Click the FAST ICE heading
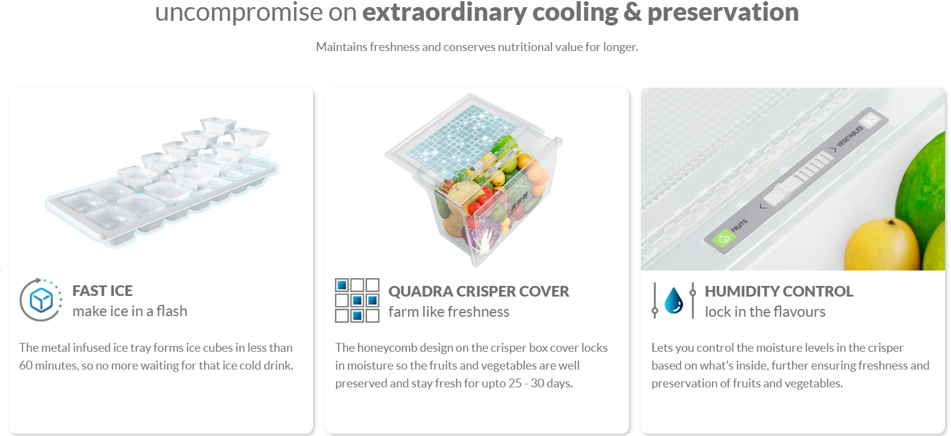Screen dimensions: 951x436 103,291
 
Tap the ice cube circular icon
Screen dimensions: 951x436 41,300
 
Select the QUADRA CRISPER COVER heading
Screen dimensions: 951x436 478,291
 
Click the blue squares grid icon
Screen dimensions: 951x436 357,300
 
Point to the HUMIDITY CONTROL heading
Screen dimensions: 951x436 778,291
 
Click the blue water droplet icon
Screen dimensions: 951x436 674,300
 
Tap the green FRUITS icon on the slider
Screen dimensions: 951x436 723,239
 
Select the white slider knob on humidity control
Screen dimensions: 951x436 780,193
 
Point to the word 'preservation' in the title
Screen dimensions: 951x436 723,12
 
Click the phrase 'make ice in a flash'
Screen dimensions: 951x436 130,311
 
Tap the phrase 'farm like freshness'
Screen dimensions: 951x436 449,311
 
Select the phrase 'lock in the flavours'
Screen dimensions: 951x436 765,311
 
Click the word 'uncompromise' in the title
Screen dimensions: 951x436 238,12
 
